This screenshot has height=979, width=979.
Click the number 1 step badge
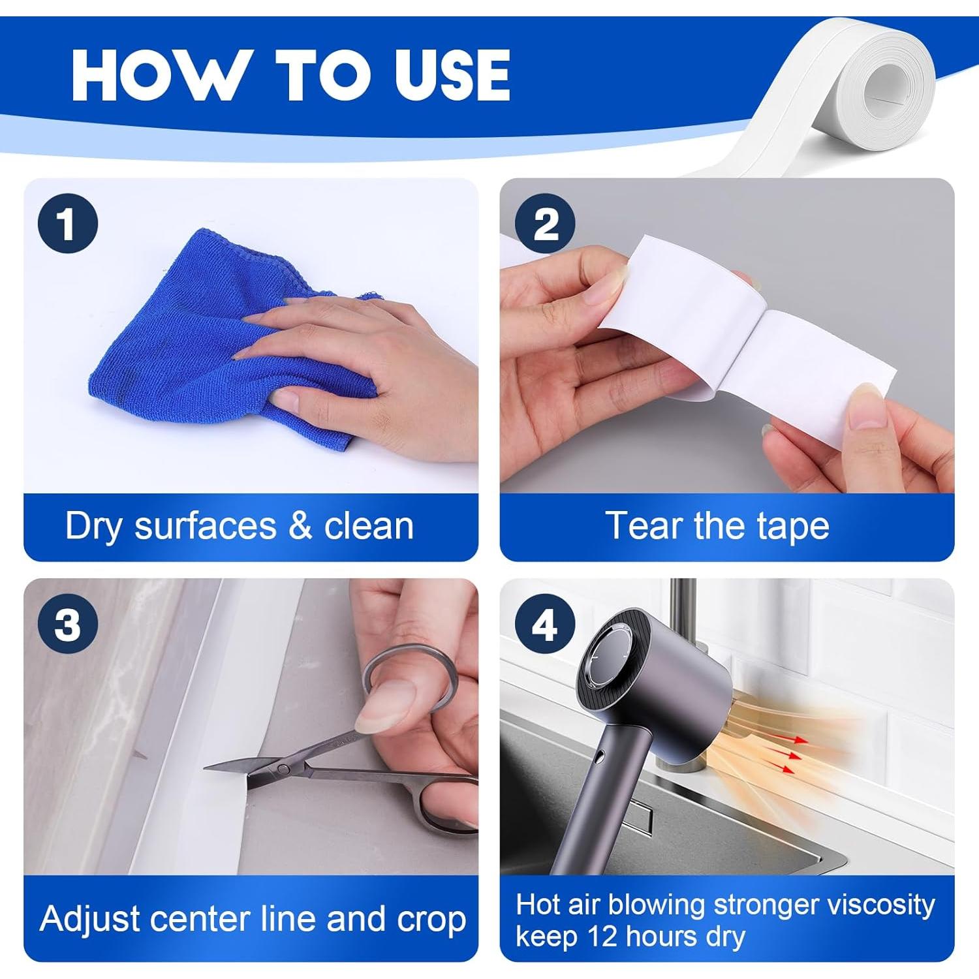[x=68, y=224]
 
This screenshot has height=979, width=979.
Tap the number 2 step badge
[x=545, y=224]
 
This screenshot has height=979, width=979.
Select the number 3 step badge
[x=68, y=625]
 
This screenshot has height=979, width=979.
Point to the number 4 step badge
[x=545, y=625]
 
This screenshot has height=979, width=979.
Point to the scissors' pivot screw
[x=283, y=768]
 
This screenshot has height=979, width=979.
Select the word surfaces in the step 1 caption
[x=205, y=526]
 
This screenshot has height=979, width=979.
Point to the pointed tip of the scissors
[x=205, y=768]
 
